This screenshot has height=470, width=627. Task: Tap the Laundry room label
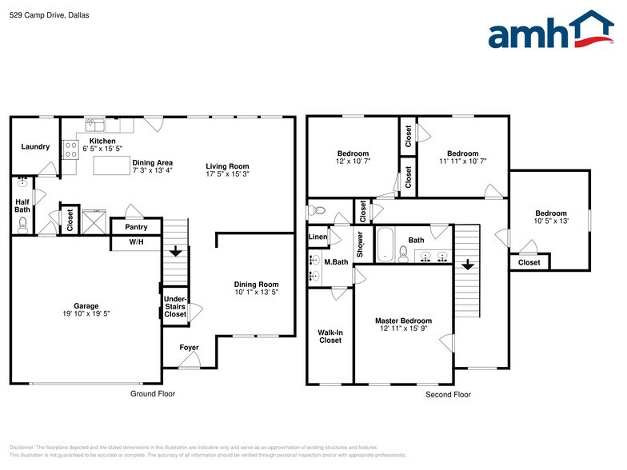[x=35, y=146]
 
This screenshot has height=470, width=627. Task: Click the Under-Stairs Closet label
[x=175, y=307]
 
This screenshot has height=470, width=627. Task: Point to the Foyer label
[x=189, y=348]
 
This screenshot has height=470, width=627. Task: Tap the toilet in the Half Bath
[x=22, y=225]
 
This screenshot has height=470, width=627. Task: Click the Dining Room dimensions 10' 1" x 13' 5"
[x=256, y=293]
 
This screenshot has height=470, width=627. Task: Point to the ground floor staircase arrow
[x=175, y=251]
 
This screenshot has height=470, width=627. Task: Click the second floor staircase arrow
[x=467, y=264]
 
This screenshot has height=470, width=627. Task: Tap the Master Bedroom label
[x=403, y=321]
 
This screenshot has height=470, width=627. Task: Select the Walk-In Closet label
[x=329, y=336]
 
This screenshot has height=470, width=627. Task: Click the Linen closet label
[x=317, y=237]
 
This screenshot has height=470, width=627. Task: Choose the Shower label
[x=361, y=244]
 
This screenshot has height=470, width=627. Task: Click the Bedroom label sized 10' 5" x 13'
[x=551, y=213]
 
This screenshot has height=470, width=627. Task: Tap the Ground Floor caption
[x=153, y=393]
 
